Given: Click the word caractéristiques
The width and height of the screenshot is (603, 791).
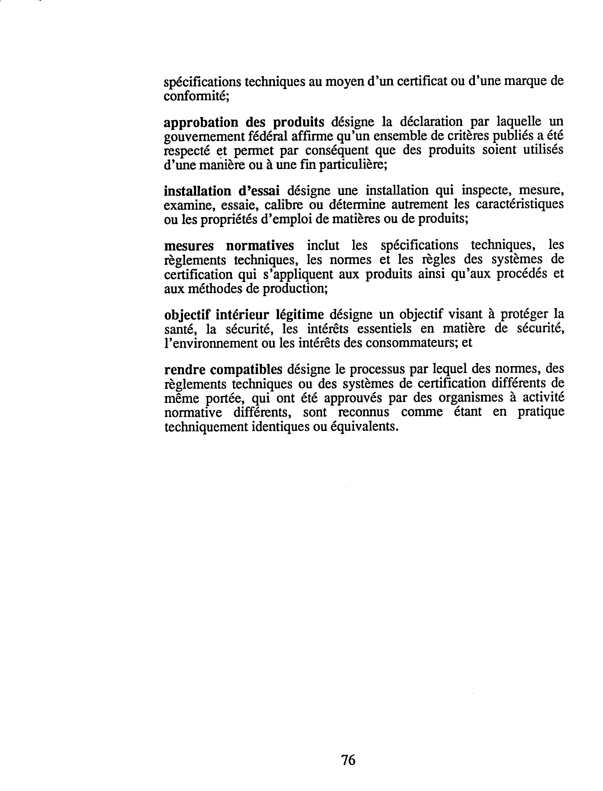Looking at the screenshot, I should click(520, 204).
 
